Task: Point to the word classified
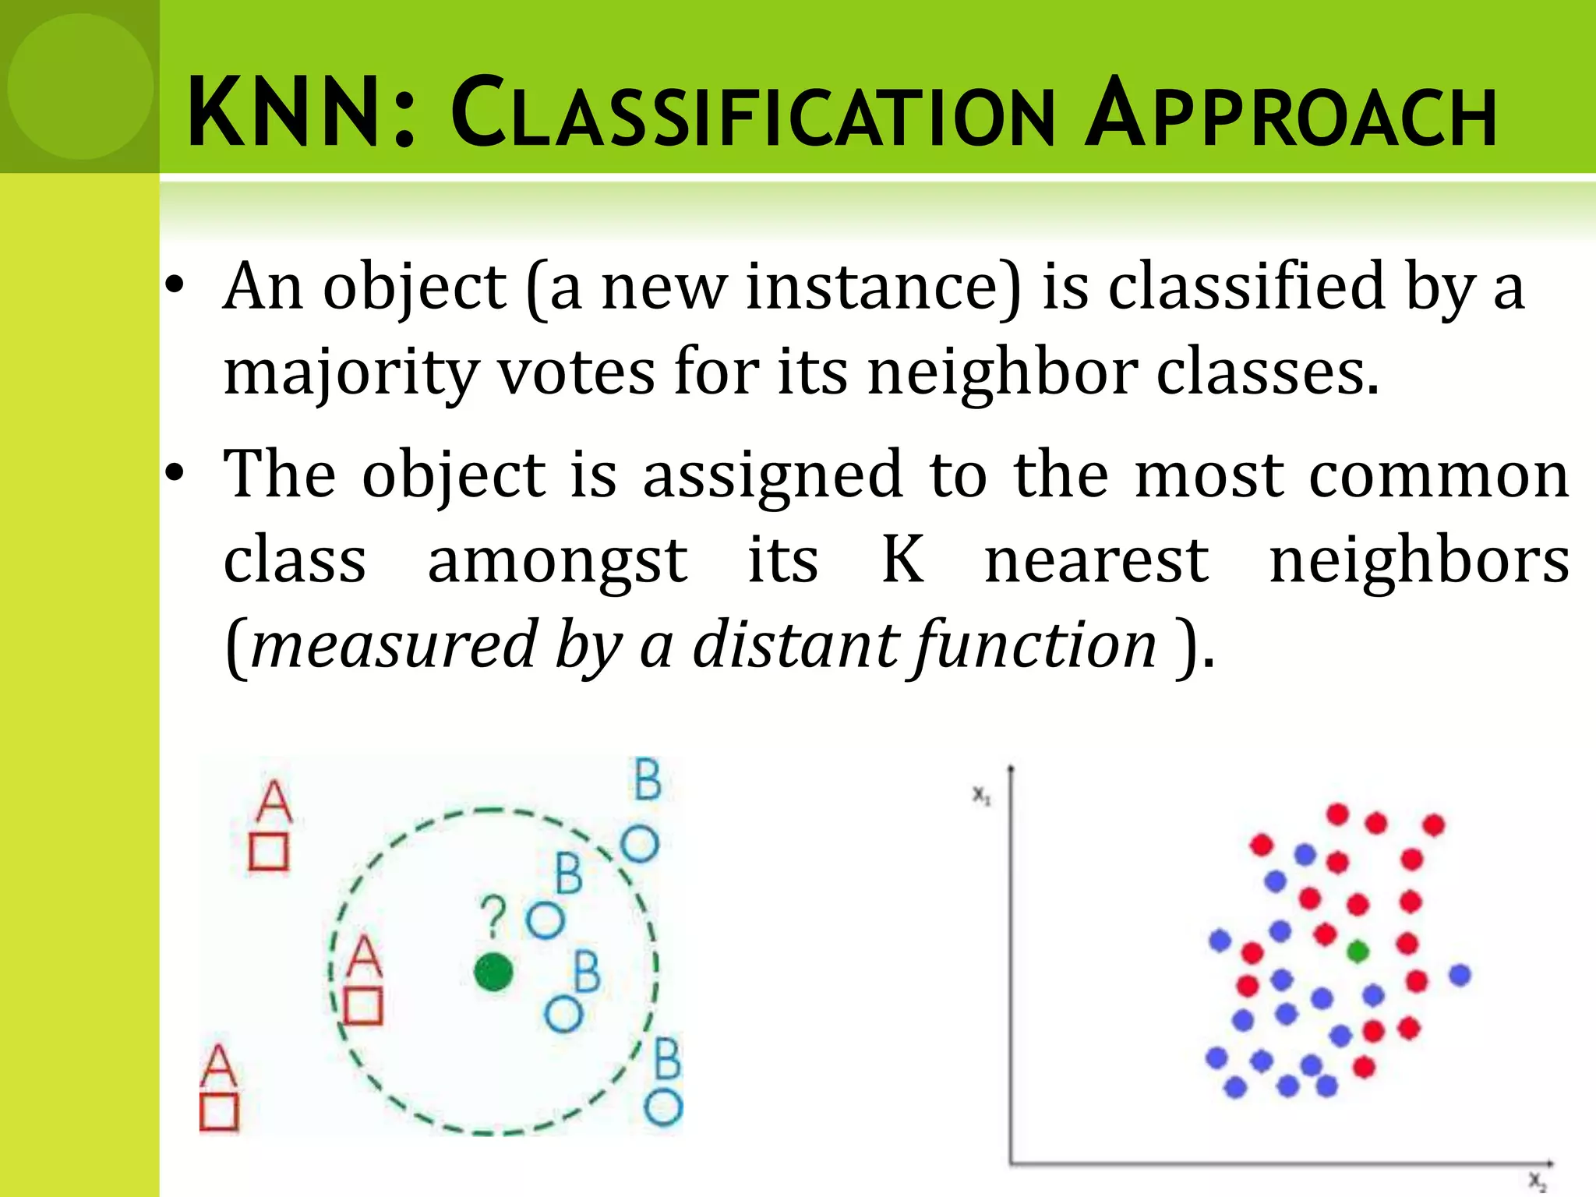1245,288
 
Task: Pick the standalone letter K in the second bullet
902,559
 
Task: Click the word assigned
772,475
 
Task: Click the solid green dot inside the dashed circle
493,972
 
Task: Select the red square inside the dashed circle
363,1006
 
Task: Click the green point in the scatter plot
1358,951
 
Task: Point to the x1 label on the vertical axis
981,796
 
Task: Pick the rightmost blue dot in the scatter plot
1460,974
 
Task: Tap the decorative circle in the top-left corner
79,86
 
